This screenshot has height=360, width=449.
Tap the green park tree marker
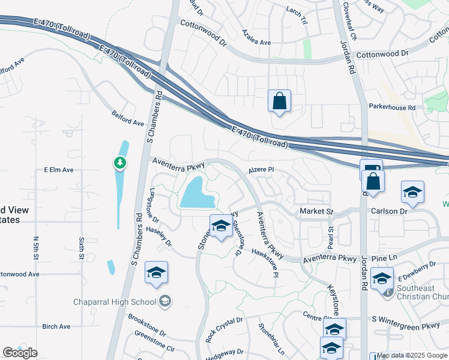click(x=120, y=163)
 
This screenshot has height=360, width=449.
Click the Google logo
click(x=20, y=353)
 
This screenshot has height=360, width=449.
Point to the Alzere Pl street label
click(x=261, y=170)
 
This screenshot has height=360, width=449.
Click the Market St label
click(x=316, y=212)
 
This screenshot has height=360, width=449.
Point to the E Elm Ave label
click(x=59, y=170)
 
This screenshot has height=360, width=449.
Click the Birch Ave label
click(x=56, y=326)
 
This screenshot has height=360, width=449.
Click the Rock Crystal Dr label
click(x=224, y=329)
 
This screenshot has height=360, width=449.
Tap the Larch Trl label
click(x=297, y=11)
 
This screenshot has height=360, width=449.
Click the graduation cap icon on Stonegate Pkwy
click(x=221, y=227)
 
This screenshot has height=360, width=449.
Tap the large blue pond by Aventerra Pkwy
click(x=197, y=194)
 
